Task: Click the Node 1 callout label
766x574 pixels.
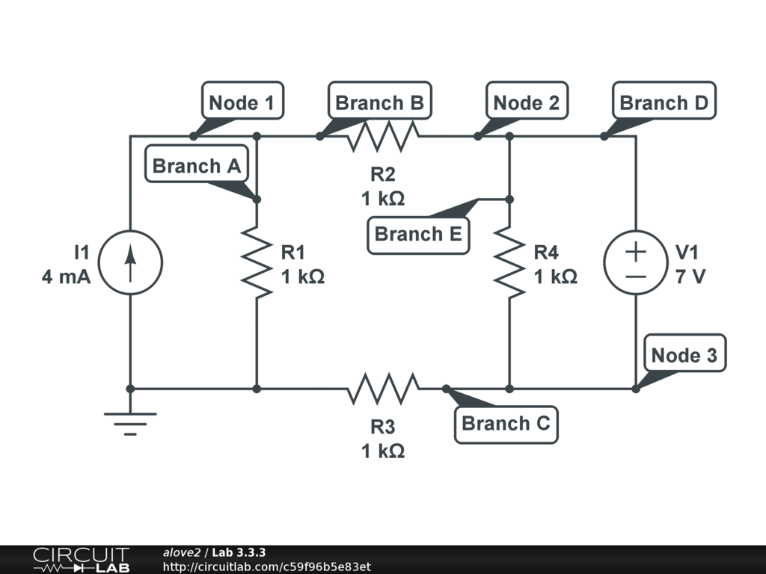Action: [242, 102]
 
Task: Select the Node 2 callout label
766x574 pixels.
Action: [526, 102]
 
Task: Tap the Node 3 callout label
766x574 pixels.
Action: [684, 355]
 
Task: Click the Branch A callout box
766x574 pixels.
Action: [197, 166]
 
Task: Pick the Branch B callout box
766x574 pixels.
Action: [380, 102]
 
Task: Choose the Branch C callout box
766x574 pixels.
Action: [506, 424]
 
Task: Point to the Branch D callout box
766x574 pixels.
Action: [664, 102]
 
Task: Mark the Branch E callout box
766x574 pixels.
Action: [418, 234]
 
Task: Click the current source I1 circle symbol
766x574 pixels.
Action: [130, 262]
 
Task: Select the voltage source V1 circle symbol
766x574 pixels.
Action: [635, 262]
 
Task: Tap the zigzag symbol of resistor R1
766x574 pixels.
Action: [257, 262]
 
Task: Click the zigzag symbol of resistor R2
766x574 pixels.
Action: [382, 136]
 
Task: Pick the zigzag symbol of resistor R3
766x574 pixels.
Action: [382, 389]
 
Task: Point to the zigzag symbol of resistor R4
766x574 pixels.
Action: [509, 262]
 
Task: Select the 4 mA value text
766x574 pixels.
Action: [66, 277]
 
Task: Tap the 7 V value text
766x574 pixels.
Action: [690, 277]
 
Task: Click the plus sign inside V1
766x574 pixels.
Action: [635, 252]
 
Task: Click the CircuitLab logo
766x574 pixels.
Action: [80, 560]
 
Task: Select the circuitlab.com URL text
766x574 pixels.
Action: [266, 567]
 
